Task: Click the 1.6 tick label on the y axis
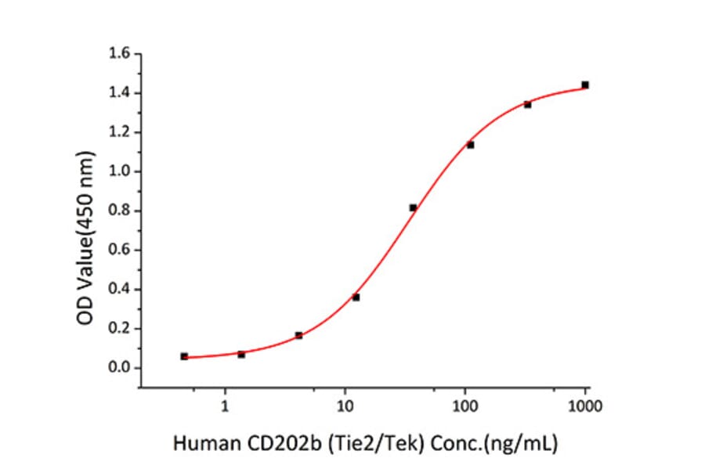[x=120, y=54]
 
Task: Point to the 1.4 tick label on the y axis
[x=120, y=93]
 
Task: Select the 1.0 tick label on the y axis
[x=120, y=171]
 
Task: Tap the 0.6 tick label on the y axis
[x=120, y=251]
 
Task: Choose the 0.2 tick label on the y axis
[x=120, y=329]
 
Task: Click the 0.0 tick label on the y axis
[x=120, y=368]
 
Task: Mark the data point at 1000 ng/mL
[x=585, y=85]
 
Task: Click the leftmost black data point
[x=184, y=356]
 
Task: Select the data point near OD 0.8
[x=413, y=207]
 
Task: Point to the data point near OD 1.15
[x=470, y=144]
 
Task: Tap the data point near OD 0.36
[x=356, y=297]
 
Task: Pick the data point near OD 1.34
[x=527, y=104]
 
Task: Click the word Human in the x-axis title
[x=197, y=445]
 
